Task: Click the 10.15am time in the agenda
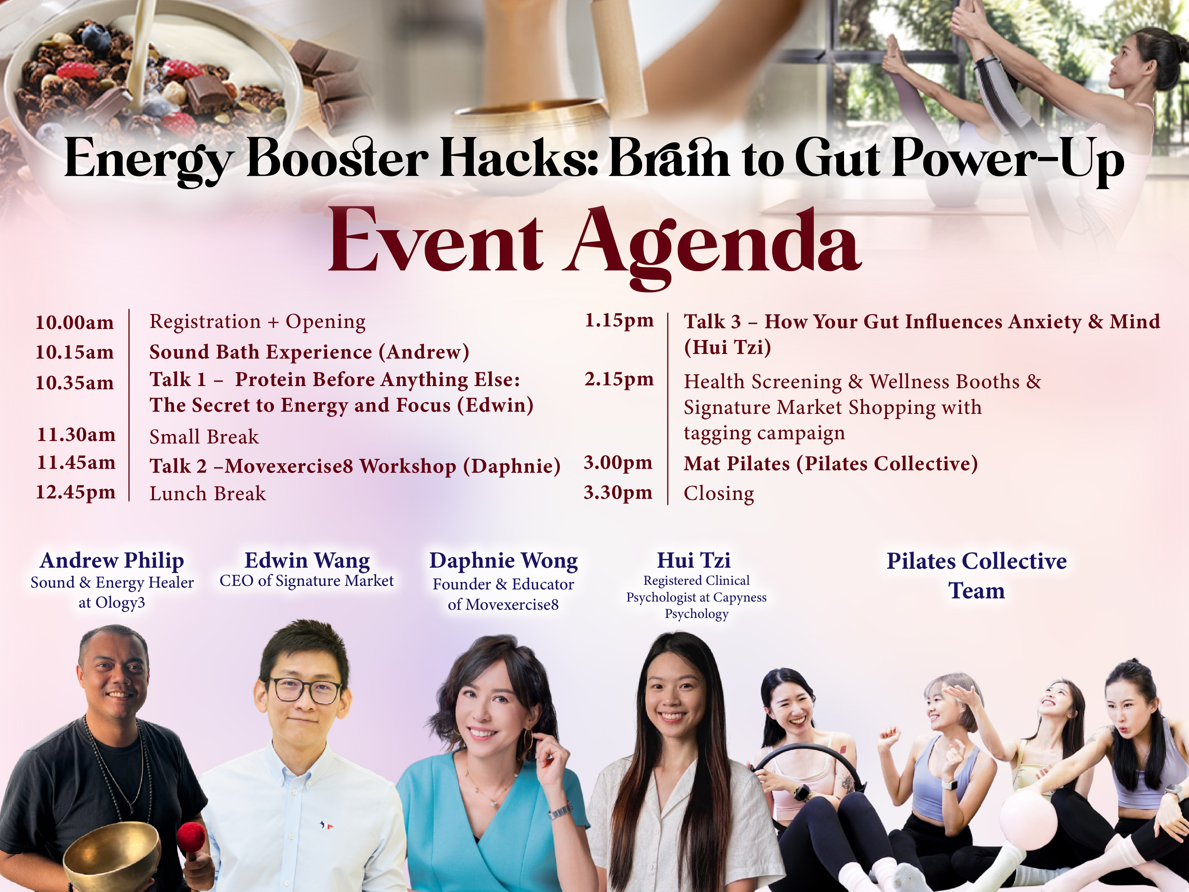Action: (x=75, y=352)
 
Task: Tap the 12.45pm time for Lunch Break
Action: (x=76, y=492)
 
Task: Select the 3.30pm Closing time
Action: (x=618, y=492)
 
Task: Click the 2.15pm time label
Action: (x=619, y=380)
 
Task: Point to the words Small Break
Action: (x=204, y=437)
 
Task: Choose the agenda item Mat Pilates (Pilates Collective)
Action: (x=830, y=463)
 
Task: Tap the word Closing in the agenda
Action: (x=719, y=493)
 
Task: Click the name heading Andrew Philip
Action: (x=112, y=561)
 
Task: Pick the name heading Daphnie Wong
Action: (x=504, y=561)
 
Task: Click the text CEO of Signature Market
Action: (x=306, y=581)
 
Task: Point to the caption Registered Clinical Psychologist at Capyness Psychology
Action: (x=696, y=597)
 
